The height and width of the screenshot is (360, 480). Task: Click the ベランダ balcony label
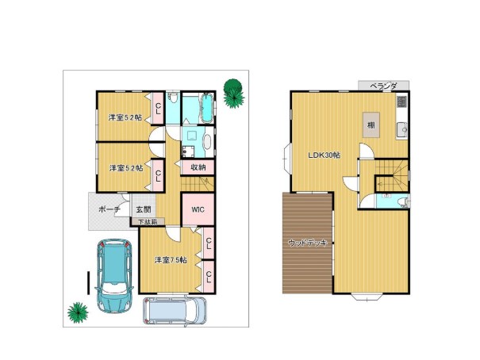(x=383, y=86)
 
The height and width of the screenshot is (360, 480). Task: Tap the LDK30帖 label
(x=324, y=155)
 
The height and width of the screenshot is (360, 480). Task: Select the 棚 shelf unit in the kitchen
(x=371, y=124)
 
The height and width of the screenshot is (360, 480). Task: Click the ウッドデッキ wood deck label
(x=308, y=243)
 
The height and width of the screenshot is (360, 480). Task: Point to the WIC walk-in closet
(x=198, y=209)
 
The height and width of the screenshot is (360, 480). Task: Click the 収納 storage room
(x=198, y=167)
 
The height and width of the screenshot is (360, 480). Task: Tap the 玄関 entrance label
(x=144, y=210)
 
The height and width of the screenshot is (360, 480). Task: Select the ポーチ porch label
(x=109, y=210)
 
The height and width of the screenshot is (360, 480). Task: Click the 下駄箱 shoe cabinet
(x=148, y=222)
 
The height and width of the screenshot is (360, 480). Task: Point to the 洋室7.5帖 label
(x=171, y=260)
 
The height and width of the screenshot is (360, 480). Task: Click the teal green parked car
(x=114, y=276)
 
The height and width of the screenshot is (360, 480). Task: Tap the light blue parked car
(x=175, y=311)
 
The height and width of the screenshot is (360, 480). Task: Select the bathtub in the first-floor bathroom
(x=207, y=108)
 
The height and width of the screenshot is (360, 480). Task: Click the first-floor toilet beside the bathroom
(x=174, y=98)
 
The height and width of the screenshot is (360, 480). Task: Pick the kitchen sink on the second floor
(x=402, y=130)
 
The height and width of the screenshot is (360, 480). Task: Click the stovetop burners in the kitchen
(x=402, y=101)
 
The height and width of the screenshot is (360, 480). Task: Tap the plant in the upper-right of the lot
(x=233, y=94)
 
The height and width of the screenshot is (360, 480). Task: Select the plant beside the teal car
(x=78, y=312)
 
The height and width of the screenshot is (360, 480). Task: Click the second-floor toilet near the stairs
(x=404, y=202)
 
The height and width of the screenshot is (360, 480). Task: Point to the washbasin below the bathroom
(x=209, y=142)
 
